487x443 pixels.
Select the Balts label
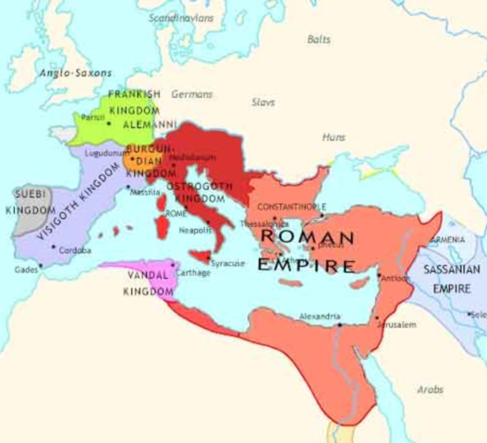pyautogui.click(x=319, y=39)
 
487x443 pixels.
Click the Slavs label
pyautogui.click(x=263, y=102)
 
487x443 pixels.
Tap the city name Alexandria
pyautogui.click(x=319, y=317)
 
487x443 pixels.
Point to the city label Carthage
pyautogui.click(x=194, y=273)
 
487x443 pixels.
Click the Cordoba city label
pyautogui.click(x=75, y=250)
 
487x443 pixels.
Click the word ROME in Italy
pyautogui.click(x=176, y=213)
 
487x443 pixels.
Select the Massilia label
pyautogui.click(x=144, y=192)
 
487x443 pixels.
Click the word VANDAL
pyautogui.click(x=144, y=275)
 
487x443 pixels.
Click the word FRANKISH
pyautogui.click(x=134, y=94)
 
